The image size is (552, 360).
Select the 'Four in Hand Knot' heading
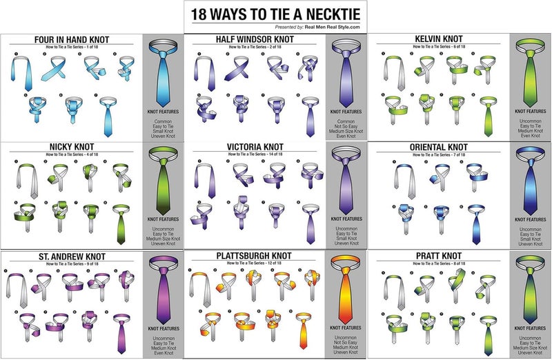click(72, 39)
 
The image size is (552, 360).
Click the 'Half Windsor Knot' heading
click(255, 39)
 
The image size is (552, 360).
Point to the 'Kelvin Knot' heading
click(439, 39)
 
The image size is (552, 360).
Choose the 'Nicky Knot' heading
click(71, 148)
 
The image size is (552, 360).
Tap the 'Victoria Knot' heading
click(255, 148)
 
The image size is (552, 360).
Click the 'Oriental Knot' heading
click(439, 148)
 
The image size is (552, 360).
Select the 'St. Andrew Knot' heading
click(72, 256)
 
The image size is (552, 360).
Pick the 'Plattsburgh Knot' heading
click(255, 256)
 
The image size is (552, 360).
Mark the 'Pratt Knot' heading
click(439, 256)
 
